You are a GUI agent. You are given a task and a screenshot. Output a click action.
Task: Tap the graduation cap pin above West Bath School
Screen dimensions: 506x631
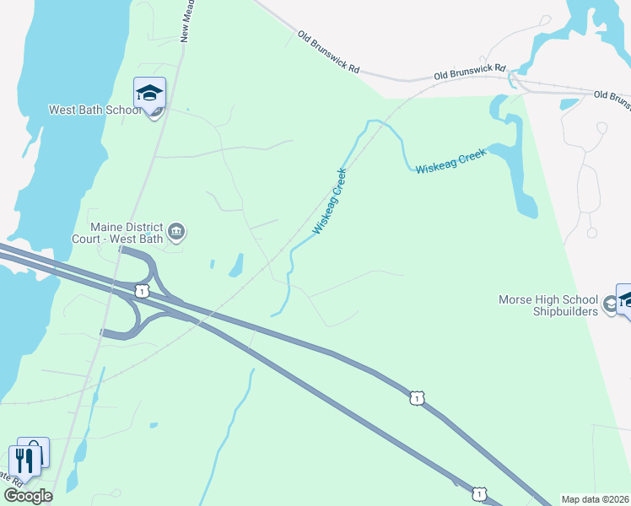point(149,94)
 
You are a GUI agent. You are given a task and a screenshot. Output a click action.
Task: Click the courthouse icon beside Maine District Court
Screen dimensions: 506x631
point(176,231)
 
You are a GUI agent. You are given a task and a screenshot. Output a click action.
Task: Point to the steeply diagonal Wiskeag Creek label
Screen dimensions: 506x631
point(330,201)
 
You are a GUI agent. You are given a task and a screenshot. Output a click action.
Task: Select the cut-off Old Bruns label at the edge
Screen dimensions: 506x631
point(612,100)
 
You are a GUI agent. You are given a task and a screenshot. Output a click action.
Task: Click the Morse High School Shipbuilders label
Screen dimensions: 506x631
point(548,305)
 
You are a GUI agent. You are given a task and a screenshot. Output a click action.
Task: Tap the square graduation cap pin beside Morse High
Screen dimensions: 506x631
point(625,299)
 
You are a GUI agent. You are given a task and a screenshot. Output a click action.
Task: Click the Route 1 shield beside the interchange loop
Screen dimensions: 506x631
point(142,290)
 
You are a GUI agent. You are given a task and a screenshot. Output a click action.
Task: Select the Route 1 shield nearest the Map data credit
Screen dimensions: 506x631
point(479,493)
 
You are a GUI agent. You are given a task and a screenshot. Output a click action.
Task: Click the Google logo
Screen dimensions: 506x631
point(28,496)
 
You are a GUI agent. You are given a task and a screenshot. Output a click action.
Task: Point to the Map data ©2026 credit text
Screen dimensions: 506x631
point(596,499)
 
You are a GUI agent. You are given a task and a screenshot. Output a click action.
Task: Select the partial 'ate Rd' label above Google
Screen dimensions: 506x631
point(10,477)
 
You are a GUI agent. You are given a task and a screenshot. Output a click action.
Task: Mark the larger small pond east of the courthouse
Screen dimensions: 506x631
point(235,266)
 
